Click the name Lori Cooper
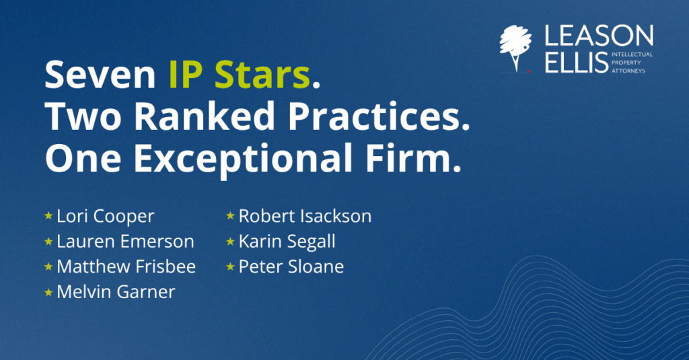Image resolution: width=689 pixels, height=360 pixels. pyautogui.click(x=106, y=216)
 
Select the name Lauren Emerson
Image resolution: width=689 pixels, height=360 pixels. pyautogui.click(x=125, y=242)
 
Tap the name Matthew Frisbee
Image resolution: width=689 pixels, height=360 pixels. pyautogui.click(x=126, y=266)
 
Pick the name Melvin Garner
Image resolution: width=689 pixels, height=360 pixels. pyautogui.click(x=116, y=292)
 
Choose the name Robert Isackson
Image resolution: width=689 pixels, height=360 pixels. pyautogui.click(x=305, y=216)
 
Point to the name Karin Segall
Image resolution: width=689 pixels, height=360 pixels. pyautogui.click(x=287, y=242)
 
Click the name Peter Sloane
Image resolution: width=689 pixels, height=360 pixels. pyautogui.click(x=291, y=266)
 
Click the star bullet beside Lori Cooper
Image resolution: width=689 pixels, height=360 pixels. pyautogui.click(x=48, y=215)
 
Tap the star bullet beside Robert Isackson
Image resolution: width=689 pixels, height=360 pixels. pyautogui.click(x=230, y=215)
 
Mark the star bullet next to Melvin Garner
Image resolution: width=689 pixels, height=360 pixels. pyautogui.click(x=48, y=292)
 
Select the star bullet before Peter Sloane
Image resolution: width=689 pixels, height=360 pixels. pyautogui.click(x=230, y=266)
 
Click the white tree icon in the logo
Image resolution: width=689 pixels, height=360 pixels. pyautogui.click(x=515, y=48)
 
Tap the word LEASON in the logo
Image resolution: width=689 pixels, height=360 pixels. pyautogui.click(x=599, y=36)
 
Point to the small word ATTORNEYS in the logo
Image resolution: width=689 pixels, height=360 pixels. pyautogui.click(x=628, y=71)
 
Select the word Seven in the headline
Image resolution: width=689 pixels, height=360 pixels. pyautogui.click(x=100, y=75)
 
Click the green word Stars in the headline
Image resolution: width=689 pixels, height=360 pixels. pyautogui.click(x=262, y=75)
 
